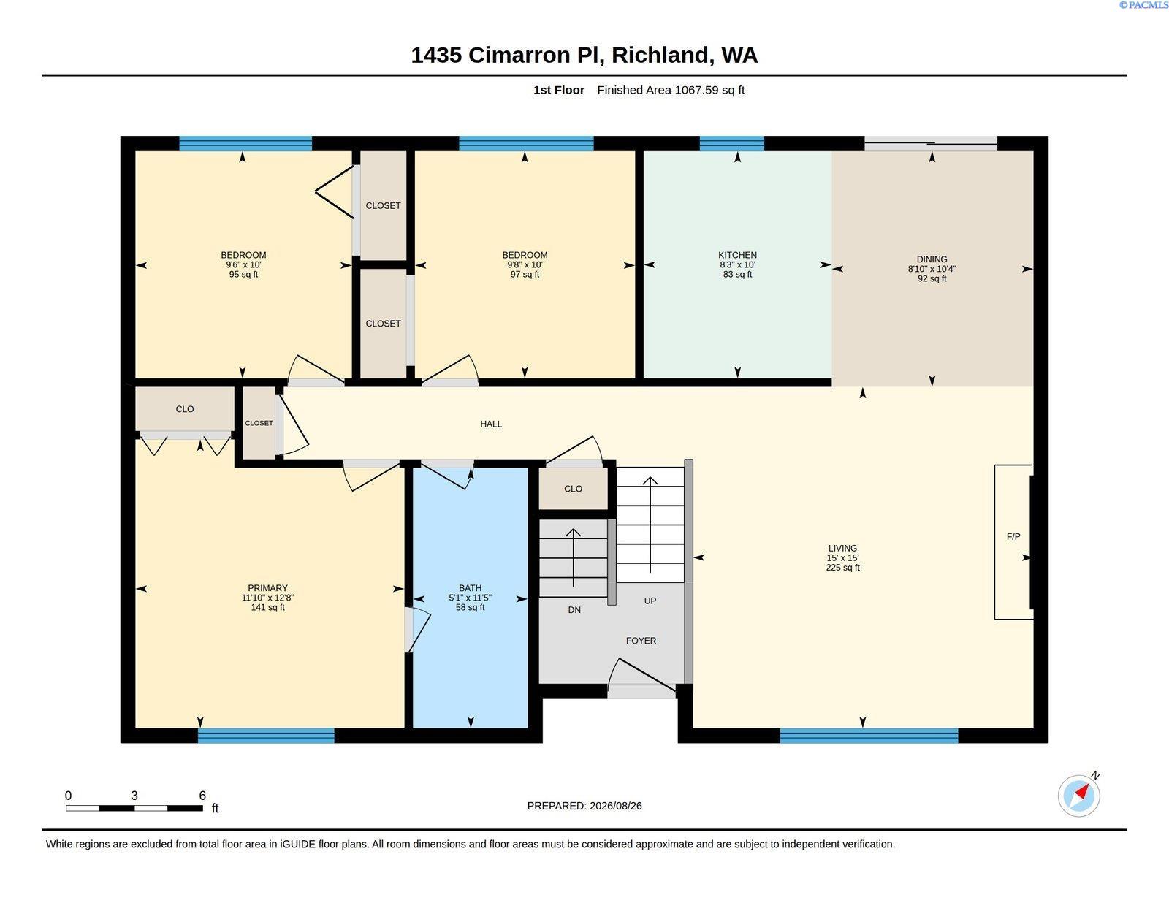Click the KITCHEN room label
pos(737,255)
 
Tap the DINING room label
pos(932,259)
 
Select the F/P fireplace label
pos(1013,536)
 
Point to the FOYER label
pos(641,641)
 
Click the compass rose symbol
pos(1078,796)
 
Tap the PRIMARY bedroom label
pos(267,588)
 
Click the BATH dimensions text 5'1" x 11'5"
pos(471,598)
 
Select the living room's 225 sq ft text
pos(842,568)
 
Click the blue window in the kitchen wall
pos(731,144)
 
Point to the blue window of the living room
pos(869,735)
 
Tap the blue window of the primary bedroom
pos(266,735)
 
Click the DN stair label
pos(574,610)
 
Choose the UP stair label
pos(650,601)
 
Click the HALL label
pos(491,424)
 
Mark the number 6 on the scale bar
pos(202,796)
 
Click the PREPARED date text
pos(584,806)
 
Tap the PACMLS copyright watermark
pos(1143,5)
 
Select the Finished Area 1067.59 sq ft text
pos(670,90)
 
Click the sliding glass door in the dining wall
pos(931,144)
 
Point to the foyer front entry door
pos(642,679)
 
